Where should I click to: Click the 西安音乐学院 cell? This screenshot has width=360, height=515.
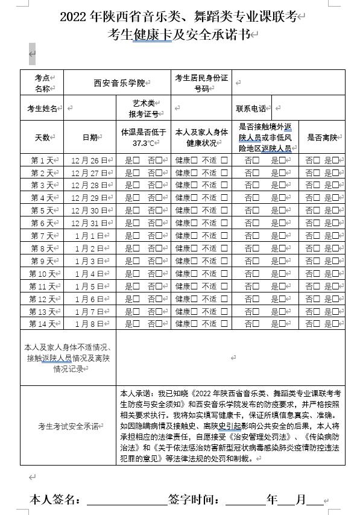(x=119, y=83)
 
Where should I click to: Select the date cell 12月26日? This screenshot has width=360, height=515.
(x=90, y=160)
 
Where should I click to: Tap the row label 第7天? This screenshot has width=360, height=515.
(x=43, y=236)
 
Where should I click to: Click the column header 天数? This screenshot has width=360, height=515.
(x=42, y=137)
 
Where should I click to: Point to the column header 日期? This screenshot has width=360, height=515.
(x=90, y=137)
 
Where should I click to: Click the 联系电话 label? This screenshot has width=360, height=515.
(x=251, y=109)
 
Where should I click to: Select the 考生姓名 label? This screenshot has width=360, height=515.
(x=42, y=109)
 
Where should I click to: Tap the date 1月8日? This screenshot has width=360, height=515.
(x=90, y=324)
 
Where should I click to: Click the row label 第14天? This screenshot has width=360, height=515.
(x=43, y=324)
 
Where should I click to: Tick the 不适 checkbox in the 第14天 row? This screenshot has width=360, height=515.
(x=224, y=324)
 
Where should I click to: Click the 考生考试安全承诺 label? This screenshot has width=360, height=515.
(x=68, y=426)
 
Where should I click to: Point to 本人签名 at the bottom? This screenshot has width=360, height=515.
(x=55, y=499)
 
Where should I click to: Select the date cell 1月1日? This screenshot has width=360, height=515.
(x=90, y=236)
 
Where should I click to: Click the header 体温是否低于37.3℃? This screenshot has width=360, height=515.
(x=144, y=137)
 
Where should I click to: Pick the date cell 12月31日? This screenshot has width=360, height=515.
(x=90, y=223)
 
